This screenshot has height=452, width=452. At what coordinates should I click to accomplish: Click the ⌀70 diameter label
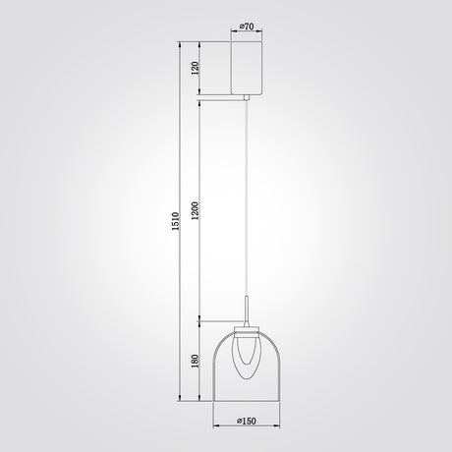pos(247,27)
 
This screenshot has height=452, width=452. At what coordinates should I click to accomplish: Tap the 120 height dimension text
pos(195,68)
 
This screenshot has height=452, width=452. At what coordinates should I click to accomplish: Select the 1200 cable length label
pos(196,210)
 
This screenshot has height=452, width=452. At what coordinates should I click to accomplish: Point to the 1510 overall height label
pos(176,221)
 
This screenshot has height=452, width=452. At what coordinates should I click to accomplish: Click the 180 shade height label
pos(196,361)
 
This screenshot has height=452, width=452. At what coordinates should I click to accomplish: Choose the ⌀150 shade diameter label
pos(247,421)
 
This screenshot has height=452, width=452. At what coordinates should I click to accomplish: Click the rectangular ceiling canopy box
pos(247,68)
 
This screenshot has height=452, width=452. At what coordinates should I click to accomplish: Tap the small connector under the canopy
pos(247,97)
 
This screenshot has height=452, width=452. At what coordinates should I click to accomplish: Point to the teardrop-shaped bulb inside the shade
pos(247,357)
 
